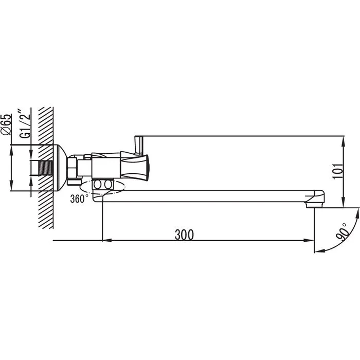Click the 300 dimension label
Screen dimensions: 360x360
[184, 235]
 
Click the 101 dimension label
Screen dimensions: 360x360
[337, 171]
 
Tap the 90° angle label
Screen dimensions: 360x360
[342, 232]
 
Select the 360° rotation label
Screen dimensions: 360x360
[79, 199]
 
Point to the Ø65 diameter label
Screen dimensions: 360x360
[6, 124]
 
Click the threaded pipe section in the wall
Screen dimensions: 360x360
[46, 168]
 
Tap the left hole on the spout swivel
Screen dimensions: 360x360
[97, 184]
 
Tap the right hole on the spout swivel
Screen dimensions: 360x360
[107, 184]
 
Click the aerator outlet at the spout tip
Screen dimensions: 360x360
[315, 205]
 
